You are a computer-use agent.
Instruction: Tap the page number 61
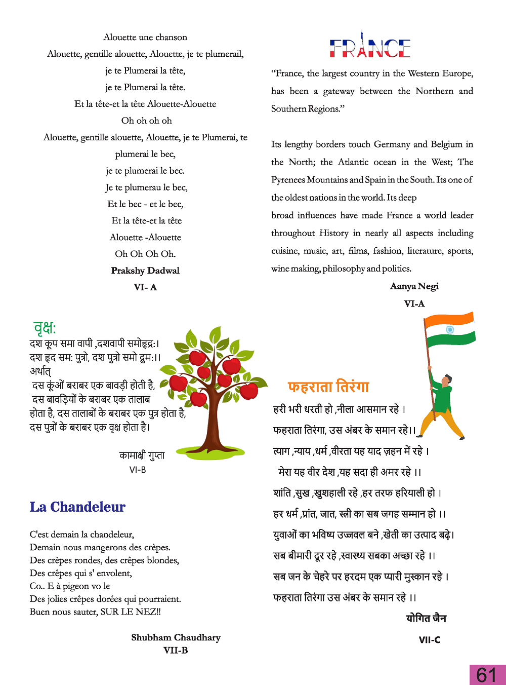pyautogui.click(x=487, y=675)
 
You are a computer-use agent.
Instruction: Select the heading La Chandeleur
pyautogui.click(x=77, y=507)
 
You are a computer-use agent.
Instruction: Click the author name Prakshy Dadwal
pyautogui.click(x=145, y=271)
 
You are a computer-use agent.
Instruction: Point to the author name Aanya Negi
pyautogui.click(x=414, y=286)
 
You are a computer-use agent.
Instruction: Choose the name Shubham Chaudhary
pyautogui.click(x=176, y=637)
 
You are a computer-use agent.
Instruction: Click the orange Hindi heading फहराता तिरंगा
pyautogui.click(x=328, y=387)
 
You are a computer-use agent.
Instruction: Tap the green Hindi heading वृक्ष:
pyautogui.click(x=45, y=328)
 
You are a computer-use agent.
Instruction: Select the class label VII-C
pyautogui.click(x=429, y=640)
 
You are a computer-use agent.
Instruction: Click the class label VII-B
pyautogui.click(x=176, y=651)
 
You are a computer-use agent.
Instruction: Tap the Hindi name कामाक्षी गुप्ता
pyautogui.click(x=142, y=455)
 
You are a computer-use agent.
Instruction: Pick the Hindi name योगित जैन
pyautogui.click(x=426, y=618)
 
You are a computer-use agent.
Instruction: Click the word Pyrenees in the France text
pyautogui.click(x=288, y=180)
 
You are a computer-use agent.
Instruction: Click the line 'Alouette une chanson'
pyautogui.click(x=145, y=37)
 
